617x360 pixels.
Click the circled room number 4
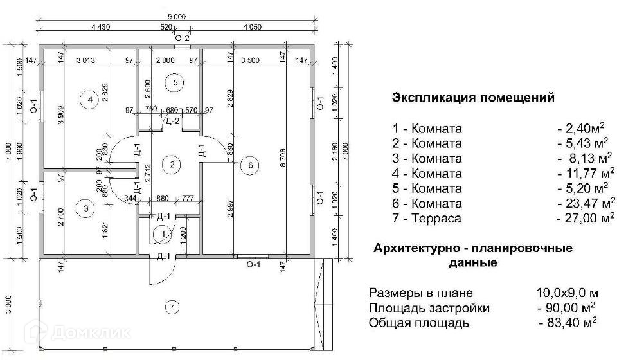coord(90,100)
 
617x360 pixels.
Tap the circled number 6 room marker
coord(251,166)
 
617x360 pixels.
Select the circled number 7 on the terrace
coord(172,307)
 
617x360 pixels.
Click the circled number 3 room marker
coord(85,208)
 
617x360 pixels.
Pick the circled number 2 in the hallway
coord(172,165)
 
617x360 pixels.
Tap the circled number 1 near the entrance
coord(163,235)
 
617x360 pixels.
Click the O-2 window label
coord(183,37)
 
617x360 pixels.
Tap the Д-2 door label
coord(172,122)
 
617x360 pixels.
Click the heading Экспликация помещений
coord(473,98)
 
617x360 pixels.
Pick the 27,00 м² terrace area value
coord(585,219)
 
